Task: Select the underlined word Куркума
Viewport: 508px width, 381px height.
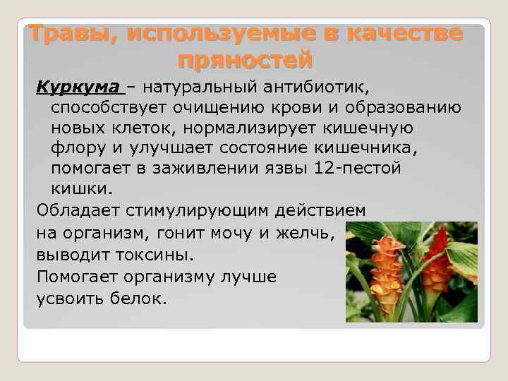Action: (79, 88)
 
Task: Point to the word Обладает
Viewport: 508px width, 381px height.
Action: (78, 210)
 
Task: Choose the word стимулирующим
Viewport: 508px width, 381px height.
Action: (204, 210)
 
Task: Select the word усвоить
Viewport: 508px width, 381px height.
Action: (68, 298)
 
